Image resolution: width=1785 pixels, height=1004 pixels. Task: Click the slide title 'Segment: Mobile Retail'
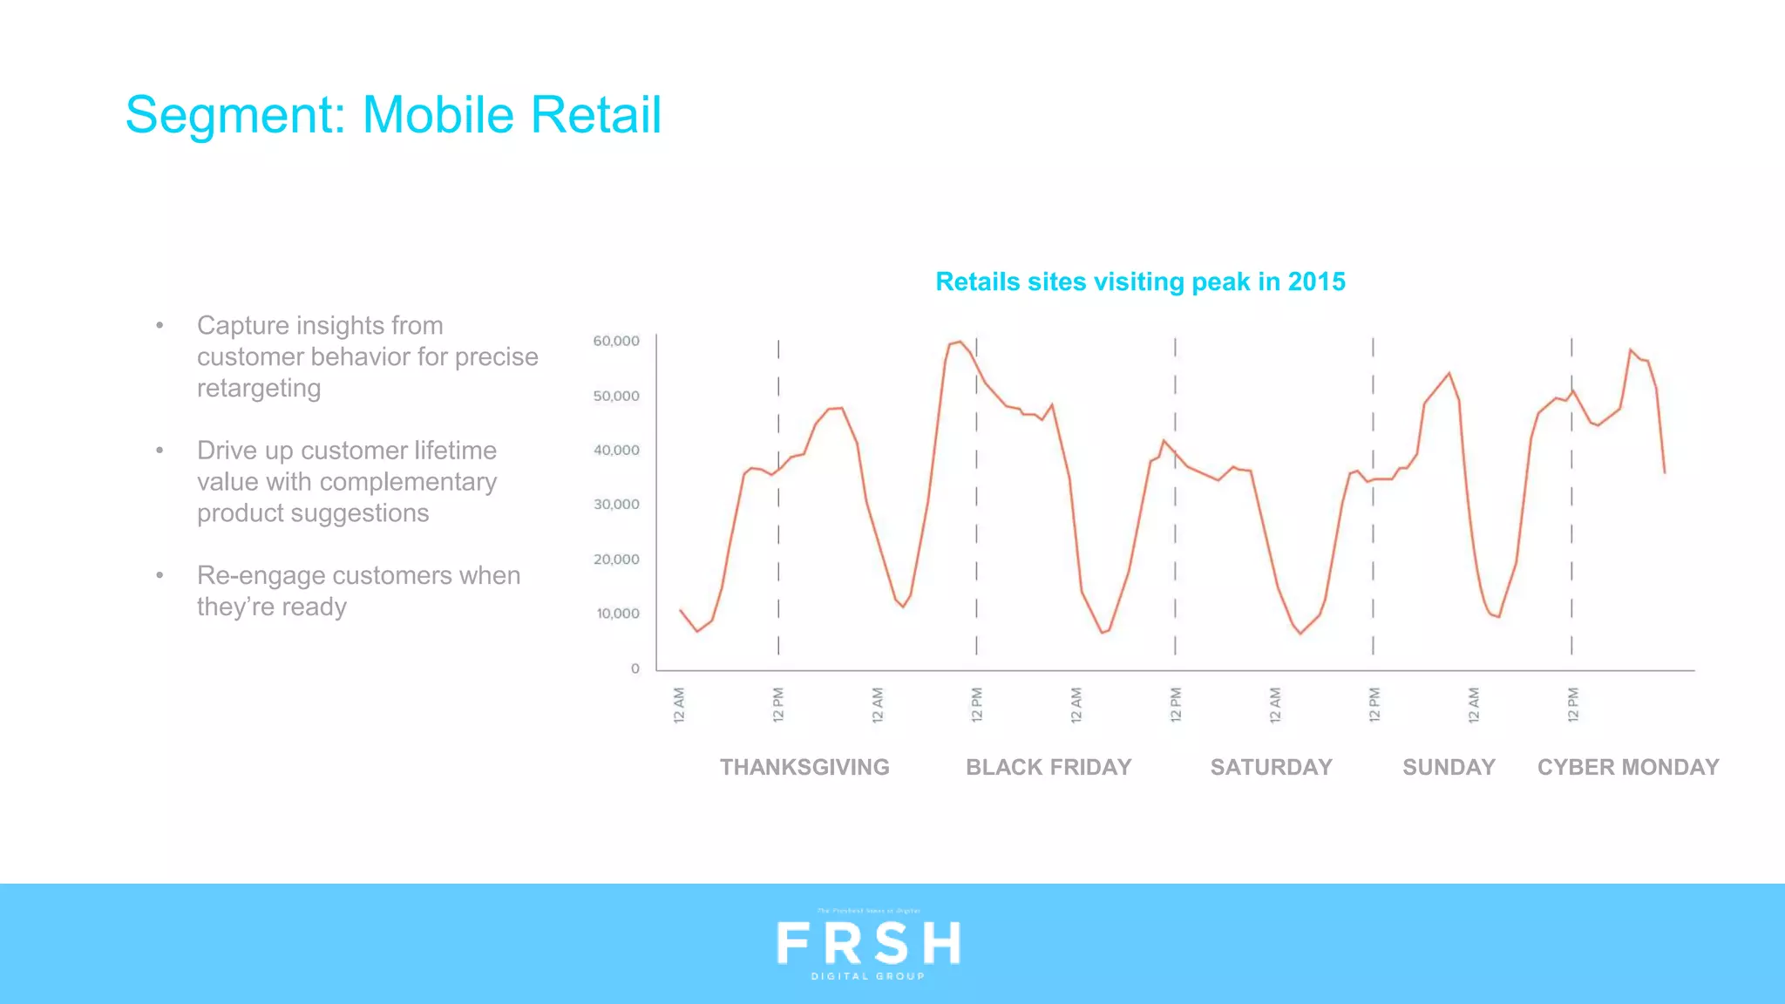393,115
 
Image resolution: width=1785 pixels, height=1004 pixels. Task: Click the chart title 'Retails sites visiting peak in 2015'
1140,282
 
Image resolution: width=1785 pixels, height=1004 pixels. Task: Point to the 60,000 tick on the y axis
616,341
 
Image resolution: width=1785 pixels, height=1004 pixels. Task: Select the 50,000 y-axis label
616,396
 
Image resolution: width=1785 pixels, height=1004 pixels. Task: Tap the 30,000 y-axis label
616,505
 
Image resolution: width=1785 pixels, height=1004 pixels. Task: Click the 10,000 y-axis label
617,614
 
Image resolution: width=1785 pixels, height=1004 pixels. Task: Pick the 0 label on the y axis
635,668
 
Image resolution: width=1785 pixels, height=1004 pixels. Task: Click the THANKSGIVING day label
804,767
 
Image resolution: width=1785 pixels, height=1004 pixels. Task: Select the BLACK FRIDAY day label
1049,767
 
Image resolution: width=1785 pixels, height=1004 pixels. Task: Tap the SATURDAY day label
1271,767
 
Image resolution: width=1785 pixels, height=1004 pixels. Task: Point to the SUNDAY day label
1449,767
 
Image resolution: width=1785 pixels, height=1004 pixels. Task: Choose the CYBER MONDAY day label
1628,767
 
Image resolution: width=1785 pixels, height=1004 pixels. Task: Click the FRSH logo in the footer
868,943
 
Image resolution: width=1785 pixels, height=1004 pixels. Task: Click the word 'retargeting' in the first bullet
259,388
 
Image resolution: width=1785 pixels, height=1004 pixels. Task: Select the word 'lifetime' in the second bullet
455,451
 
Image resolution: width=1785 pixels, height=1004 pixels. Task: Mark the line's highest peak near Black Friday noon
959,342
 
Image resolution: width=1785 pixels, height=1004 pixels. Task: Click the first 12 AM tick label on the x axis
680,705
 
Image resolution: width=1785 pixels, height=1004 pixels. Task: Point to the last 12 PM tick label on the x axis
1573,705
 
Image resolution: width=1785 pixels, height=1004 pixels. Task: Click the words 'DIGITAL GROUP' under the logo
868,976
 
